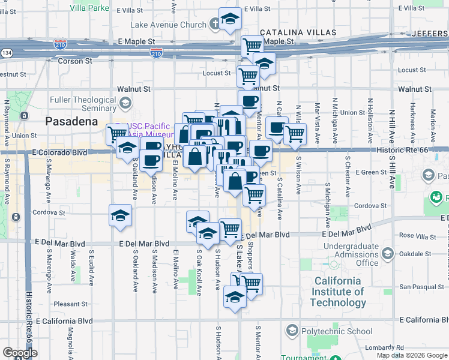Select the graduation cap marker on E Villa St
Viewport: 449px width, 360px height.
[230, 19]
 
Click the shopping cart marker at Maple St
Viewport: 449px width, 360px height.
[253, 46]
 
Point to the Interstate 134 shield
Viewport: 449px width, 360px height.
[7, 53]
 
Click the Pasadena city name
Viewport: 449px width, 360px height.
[71, 122]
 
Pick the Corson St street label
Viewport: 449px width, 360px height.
[75, 61]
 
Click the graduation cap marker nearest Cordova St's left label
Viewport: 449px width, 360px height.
[120, 216]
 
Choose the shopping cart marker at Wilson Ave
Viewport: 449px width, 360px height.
[295, 135]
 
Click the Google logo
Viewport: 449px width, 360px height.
[20, 353]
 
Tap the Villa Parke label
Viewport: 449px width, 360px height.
[89, 8]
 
